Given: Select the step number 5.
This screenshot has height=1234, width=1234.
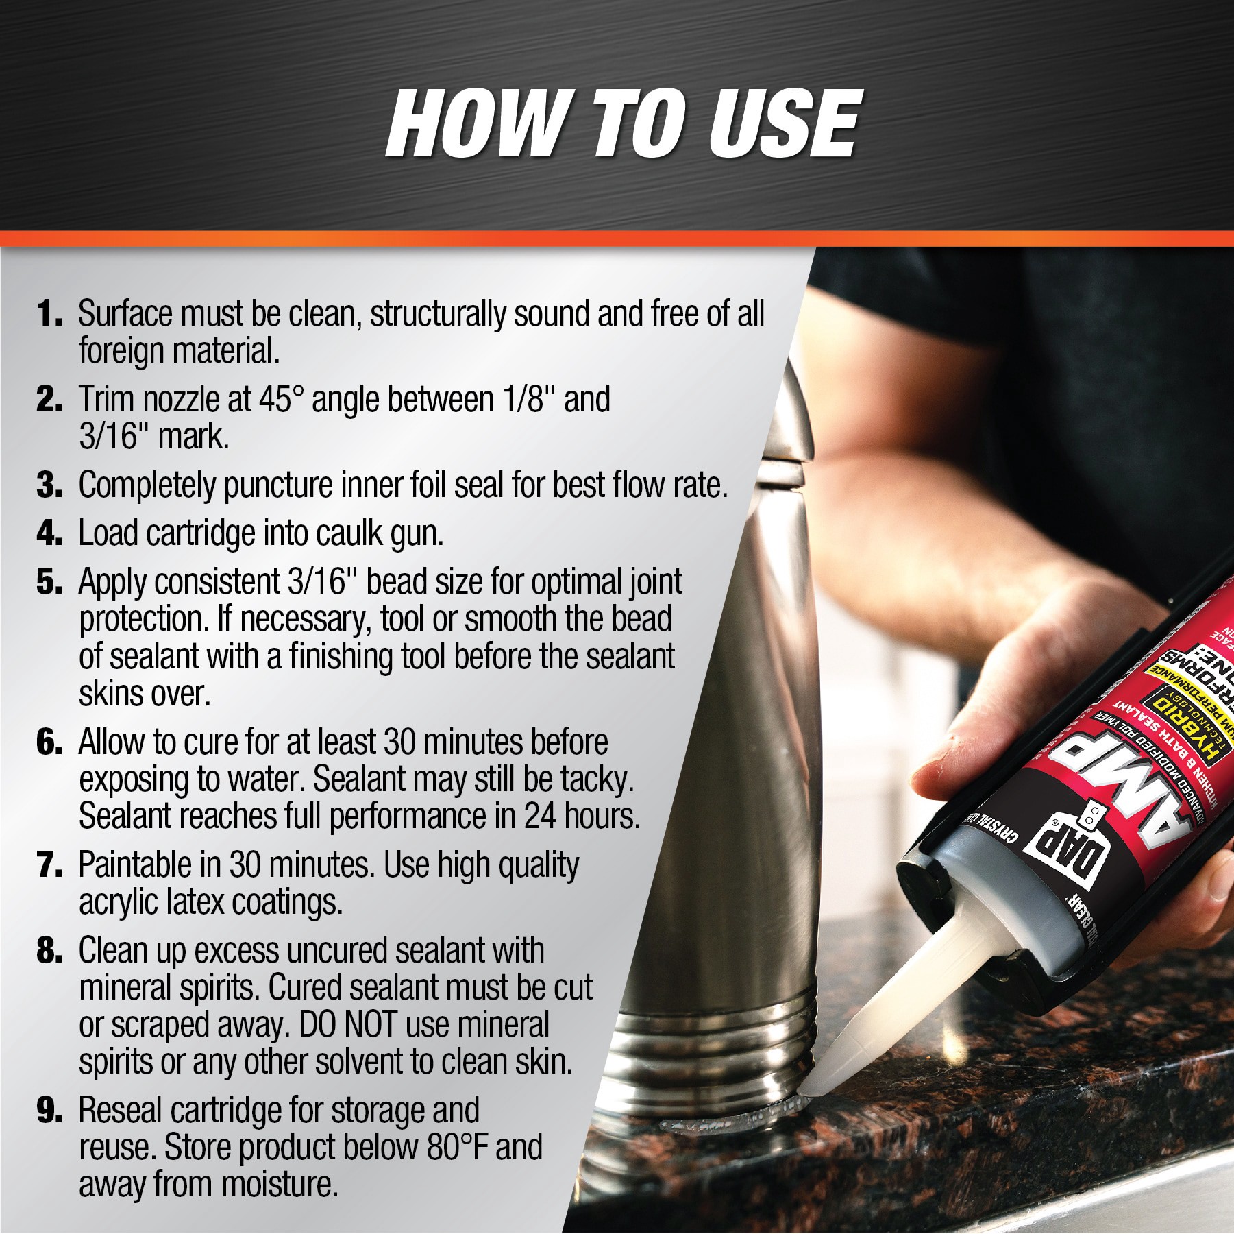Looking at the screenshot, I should (49, 582).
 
